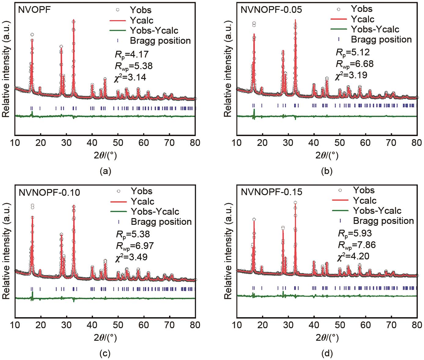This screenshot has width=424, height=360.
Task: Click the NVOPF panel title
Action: coord(35,9)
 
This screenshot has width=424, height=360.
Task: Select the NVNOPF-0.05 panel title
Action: coord(271,9)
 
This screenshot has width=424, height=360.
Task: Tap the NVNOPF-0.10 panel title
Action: coord(49,192)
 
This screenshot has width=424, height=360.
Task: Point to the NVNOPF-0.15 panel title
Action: coord(271,192)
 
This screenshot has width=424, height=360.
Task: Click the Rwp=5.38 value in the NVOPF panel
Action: coord(133,66)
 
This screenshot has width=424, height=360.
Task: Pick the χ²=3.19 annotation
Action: coord(351,75)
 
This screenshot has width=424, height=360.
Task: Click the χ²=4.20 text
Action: coord(353,256)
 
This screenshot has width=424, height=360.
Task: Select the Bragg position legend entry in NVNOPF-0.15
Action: coord(383,221)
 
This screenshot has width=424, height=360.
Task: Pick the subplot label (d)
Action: coord(327,354)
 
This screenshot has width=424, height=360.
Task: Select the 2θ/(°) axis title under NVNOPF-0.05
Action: coord(326,156)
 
